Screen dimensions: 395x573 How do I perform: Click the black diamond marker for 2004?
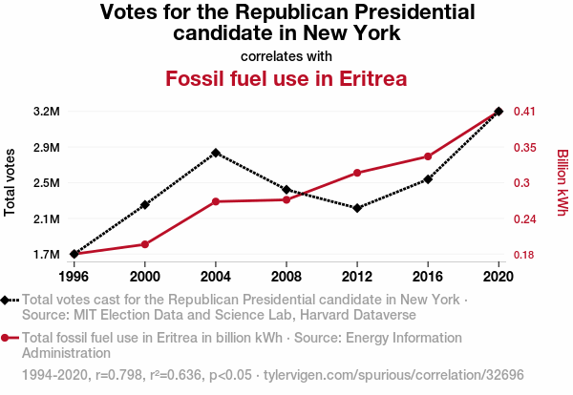[216, 153]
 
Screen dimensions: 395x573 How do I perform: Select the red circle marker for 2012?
[357, 173]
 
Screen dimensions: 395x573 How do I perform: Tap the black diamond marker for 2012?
[357, 208]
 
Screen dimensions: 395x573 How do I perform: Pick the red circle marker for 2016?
[428, 156]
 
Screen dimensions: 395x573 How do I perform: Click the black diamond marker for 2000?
[145, 205]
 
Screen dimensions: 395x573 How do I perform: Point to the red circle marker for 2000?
[145, 245]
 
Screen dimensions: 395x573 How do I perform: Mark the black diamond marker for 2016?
[428, 179]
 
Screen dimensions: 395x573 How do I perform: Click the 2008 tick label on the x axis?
[286, 277]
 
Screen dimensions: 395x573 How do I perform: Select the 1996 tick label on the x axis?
[74, 277]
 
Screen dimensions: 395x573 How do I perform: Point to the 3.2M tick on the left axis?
[46, 112]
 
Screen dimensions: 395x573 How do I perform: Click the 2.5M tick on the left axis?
[46, 183]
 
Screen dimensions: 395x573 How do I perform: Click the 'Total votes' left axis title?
[11, 182]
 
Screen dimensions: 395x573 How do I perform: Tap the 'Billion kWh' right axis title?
[562, 182]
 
